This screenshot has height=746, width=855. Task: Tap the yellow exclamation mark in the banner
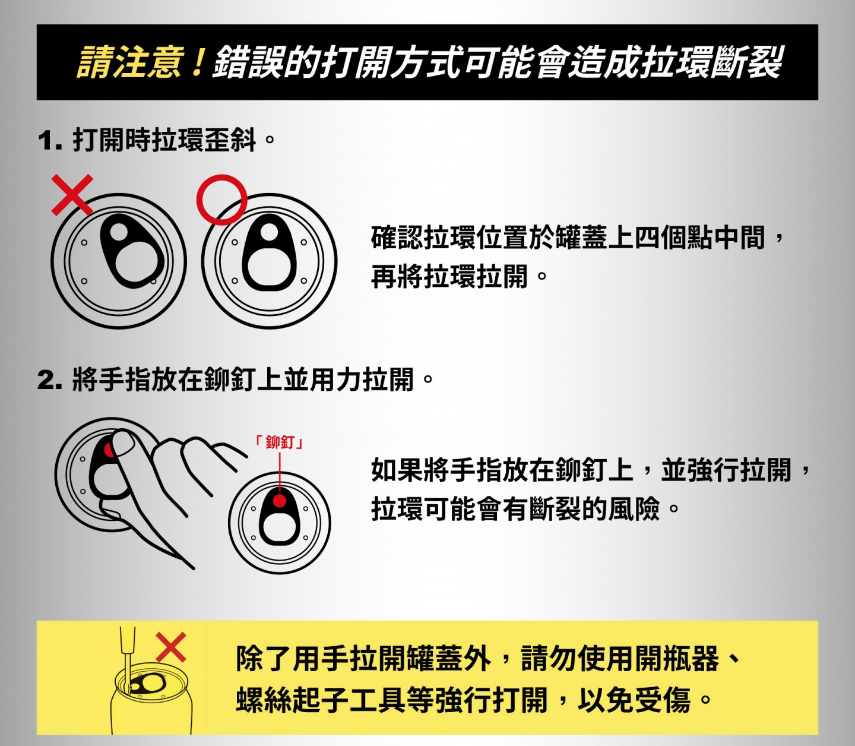[x=197, y=62]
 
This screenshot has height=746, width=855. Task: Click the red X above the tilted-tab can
[x=72, y=195]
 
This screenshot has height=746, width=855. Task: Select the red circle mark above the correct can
[x=222, y=200]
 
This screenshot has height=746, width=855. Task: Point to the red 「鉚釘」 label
[x=279, y=442]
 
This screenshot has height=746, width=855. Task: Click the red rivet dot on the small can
[x=280, y=501]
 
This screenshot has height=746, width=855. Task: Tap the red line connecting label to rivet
[x=280, y=473]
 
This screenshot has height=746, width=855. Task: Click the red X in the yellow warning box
[x=171, y=647]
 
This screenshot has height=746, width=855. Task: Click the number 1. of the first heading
[x=50, y=141]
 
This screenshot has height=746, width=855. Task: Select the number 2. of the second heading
[x=50, y=380]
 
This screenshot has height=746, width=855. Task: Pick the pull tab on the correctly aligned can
[x=270, y=252]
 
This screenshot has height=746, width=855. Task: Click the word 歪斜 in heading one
[x=230, y=140]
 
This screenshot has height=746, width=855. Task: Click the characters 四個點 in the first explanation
[x=674, y=238]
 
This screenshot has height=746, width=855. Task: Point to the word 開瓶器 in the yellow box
[x=677, y=659]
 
